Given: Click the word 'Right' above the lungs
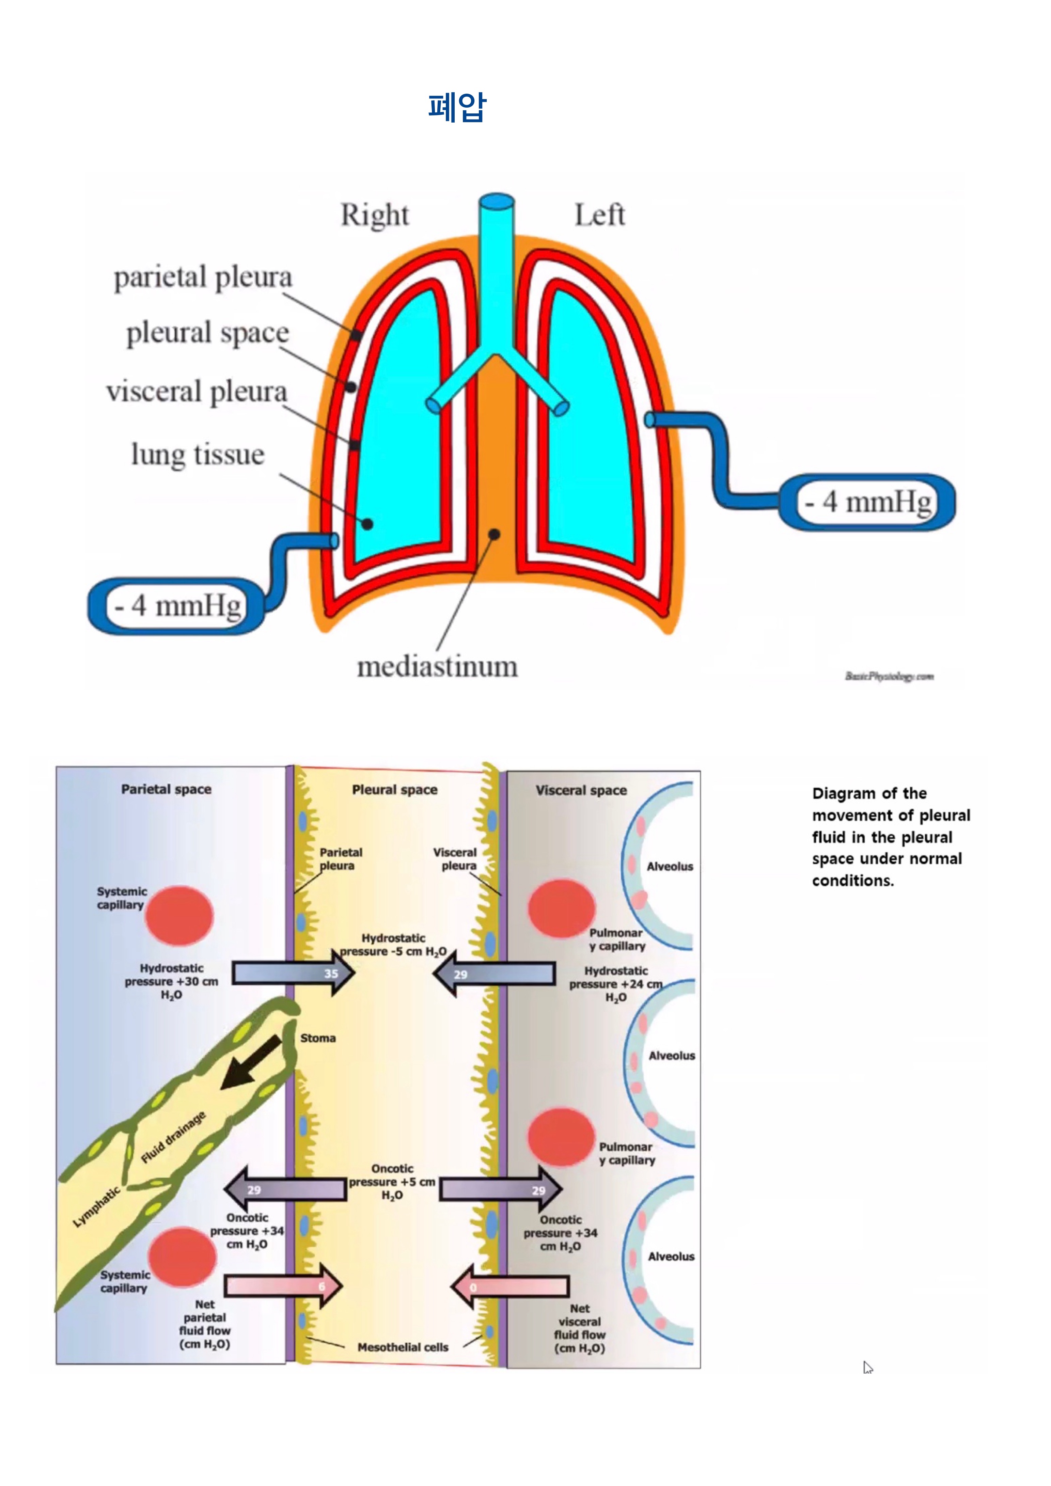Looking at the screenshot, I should (375, 215).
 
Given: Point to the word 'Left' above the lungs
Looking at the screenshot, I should (599, 215).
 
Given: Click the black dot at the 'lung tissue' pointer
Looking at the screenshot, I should (367, 524).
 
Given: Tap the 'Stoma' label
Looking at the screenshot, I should (318, 1038).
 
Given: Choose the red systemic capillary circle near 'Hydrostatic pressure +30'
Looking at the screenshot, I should (179, 915).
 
